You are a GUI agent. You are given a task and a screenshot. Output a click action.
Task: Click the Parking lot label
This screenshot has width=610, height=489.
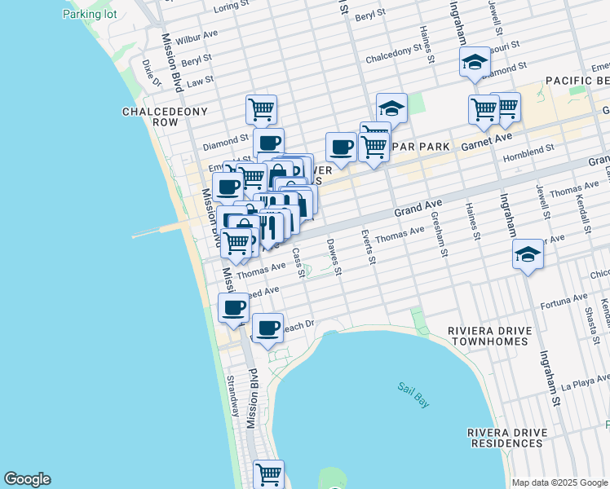tap(90, 15)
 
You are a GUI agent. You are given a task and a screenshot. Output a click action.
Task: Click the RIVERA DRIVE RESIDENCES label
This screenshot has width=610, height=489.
tap(506, 438)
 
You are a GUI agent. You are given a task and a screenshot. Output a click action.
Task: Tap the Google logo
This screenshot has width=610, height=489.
tap(27, 479)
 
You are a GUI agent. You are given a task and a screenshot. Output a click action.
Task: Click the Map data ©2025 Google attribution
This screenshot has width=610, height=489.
tap(559, 482)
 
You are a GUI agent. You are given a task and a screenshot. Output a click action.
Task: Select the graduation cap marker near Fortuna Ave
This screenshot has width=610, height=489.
tap(528, 255)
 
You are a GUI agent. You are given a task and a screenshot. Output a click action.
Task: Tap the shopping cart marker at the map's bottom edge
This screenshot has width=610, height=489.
tap(267, 474)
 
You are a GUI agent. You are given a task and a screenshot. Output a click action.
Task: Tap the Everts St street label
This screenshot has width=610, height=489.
tap(368, 247)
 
